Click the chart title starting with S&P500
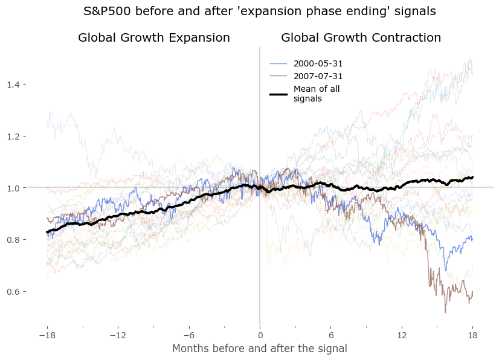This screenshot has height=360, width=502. (x=260, y=11)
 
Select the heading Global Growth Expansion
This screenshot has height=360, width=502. (x=154, y=37)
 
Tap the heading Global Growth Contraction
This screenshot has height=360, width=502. (x=361, y=37)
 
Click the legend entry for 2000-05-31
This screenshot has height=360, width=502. (x=318, y=63)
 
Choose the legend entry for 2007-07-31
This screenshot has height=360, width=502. (x=318, y=77)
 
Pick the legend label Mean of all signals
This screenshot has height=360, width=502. (x=317, y=94)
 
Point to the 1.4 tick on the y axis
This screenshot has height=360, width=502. (x=13, y=84)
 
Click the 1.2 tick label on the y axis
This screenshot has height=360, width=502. (x=13, y=137)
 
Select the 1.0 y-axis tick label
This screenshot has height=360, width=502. (x=13, y=188)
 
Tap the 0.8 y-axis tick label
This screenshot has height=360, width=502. (x=13, y=240)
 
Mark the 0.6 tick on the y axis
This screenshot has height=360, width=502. (x=13, y=292)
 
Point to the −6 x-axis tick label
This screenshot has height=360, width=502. (x=188, y=335)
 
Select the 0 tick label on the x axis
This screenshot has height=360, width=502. (x=260, y=335)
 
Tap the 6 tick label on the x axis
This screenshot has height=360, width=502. (x=331, y=335)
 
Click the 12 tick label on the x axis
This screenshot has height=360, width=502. (x=402, y=335)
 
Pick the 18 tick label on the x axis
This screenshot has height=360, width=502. (x=473, y=335)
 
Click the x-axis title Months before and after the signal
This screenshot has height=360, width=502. (x=260, y=349)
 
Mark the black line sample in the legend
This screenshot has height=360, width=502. (x=278, y=94)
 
